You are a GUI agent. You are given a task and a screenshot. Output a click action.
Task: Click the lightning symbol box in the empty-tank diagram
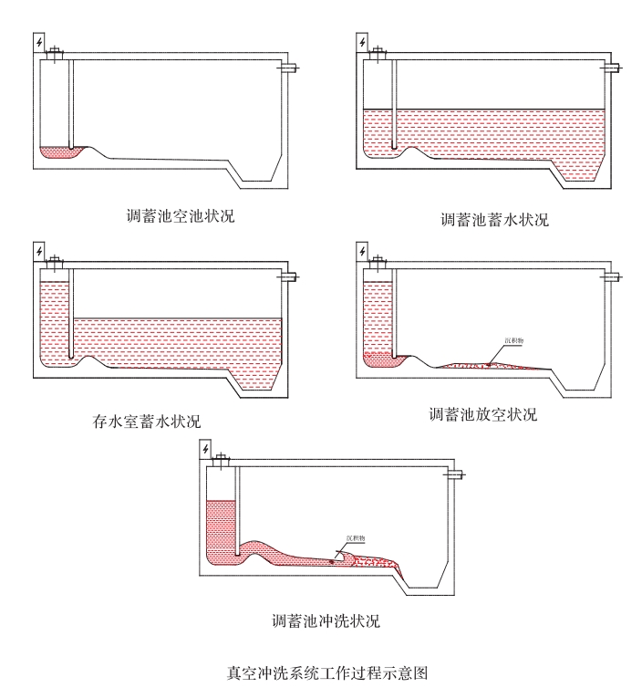[x=38, y=42]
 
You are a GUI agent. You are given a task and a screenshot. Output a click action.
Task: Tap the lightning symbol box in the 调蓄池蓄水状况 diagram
[x=362, y=42]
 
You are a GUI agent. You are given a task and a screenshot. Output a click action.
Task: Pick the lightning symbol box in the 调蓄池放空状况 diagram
[x=362, y=249]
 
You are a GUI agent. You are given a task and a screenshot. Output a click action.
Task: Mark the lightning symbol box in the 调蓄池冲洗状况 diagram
[x=205, y=448]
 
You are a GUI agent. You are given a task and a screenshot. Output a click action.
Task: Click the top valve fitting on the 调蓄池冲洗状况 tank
[x=222, y=460]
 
